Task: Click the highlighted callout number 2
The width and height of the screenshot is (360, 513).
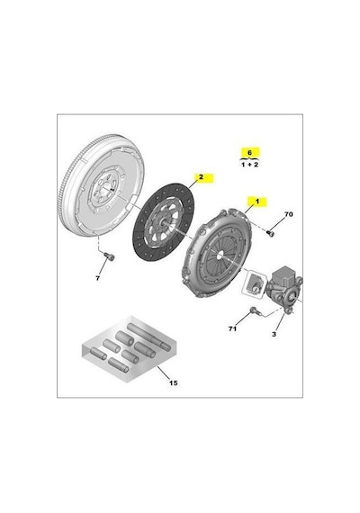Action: (201, 177)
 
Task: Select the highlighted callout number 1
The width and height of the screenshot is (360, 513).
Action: (257, 202)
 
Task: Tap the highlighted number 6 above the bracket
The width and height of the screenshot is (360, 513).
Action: (249, 152)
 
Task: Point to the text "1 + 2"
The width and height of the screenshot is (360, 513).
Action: (249, 164)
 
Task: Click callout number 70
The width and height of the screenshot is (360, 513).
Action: (288, 214)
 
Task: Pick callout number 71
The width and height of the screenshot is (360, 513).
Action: (232, 328)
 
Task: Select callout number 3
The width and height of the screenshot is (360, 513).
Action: (274, 334)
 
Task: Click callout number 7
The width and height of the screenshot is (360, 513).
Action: (97, 278)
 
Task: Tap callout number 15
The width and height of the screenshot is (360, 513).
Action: (174, 382)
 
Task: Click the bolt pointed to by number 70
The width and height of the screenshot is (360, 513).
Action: (270, 233)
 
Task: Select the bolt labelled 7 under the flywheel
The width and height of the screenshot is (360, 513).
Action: (109, 256)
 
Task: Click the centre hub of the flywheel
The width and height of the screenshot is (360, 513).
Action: (106, 190)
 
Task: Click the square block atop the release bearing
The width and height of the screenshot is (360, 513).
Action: (287, 275)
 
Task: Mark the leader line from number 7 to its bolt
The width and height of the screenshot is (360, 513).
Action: (103, 267)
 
